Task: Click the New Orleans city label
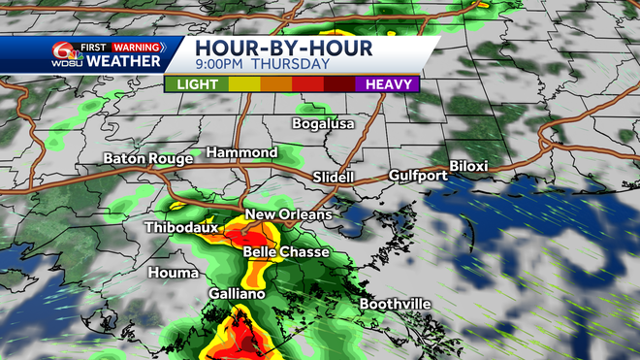click(x=288, y=214)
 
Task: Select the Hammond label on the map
click(x=241, y=153)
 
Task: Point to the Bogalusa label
click(x=324, y=124)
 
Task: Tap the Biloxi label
click(x=468, y=167)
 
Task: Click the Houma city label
click(x=174, y=273)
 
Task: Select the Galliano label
click(x=235, y=292)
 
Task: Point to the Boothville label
click(x=396, y=304)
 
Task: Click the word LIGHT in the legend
click(x=199, y=84)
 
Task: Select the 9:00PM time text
click(x=219, y=66)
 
